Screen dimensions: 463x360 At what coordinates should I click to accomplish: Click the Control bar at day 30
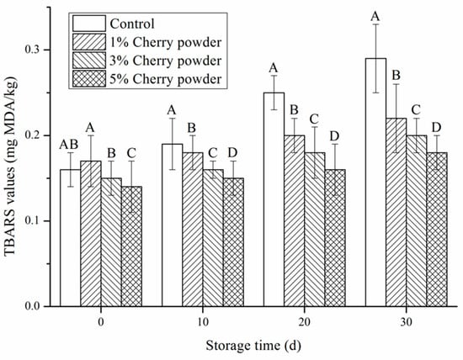tap(375, 182)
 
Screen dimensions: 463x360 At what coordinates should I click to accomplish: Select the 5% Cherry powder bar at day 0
tap(131, 246)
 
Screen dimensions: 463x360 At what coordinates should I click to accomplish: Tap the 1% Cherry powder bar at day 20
tap(295, 220)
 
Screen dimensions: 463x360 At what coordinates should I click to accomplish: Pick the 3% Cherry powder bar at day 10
tap(213, 238)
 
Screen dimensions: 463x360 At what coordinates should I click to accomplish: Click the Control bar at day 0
tap(70, 238)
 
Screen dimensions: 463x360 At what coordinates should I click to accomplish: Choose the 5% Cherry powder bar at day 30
tap(437, 230)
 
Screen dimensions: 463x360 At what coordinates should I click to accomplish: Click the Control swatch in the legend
tap(89, 24)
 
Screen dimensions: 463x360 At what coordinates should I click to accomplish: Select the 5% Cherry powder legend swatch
tap(89, 79)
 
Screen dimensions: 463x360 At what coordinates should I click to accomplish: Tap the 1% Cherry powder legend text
tap(165, 42)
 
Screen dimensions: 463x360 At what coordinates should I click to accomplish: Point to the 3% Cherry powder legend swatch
tap(89, 61)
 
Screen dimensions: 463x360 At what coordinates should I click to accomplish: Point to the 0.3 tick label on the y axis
tap(33, 50)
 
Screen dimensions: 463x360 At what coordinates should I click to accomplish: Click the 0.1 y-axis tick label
tap(33, 220)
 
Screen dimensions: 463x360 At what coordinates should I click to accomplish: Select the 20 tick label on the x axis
tap(305, 322)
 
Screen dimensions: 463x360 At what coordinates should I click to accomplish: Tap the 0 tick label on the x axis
tap(101, 322)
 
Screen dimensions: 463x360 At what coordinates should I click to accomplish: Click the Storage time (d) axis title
tap(253, 345)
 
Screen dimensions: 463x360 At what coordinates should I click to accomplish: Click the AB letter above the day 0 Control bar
tap(69, 145)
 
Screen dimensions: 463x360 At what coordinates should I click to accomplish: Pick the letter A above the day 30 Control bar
tap(375, 16)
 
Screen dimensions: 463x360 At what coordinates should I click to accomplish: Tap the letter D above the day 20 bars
tap(334, 136)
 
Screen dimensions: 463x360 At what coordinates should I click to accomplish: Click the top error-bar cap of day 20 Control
tap(274, 76)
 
